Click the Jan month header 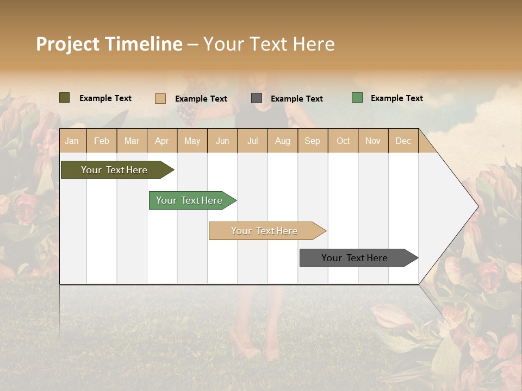point(72,141)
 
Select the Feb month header point(102,141)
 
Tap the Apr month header point(162,141)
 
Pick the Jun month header point(222,141)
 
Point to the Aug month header point(283,141)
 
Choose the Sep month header point(313,141)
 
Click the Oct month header point(343,141)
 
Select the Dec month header point(403,141)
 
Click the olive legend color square point(64,98)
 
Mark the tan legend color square point(160,98)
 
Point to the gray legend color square point(257,98)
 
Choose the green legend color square point(357,98)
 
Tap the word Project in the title point(67,44)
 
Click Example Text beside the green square point(396,98)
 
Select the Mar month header point(132,141)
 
